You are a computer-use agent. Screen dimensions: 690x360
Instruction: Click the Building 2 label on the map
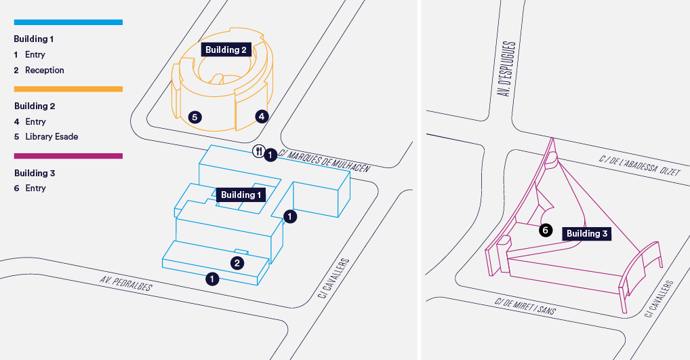coord(226,49)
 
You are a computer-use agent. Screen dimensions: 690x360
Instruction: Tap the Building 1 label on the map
coord(241,195)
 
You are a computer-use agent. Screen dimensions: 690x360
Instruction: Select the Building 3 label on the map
coord(586,233)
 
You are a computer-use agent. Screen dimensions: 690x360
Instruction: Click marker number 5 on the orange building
coord(195,117)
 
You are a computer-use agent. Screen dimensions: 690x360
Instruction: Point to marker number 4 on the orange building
coord(262,116)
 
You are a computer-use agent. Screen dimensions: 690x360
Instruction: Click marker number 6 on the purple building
coord(546,230)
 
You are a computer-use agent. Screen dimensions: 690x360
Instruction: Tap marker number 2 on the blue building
coord(237,263)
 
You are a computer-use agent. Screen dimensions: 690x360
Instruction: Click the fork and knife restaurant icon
coord(258,151)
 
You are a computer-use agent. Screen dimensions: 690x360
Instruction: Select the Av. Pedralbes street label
coord(126,283)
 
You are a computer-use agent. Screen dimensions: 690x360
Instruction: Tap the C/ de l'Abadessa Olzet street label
coord(640,165)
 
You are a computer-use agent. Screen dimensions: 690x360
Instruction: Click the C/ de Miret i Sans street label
coord(525,306)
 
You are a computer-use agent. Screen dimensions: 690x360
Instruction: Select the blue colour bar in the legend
coord(68,22)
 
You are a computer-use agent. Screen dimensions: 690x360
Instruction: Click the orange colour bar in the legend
coord(68,89)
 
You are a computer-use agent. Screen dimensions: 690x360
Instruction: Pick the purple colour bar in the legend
coord(68,156)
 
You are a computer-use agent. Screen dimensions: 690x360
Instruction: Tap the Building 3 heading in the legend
coord(35,173)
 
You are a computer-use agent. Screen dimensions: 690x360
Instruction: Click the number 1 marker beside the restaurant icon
coord(270,155)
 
